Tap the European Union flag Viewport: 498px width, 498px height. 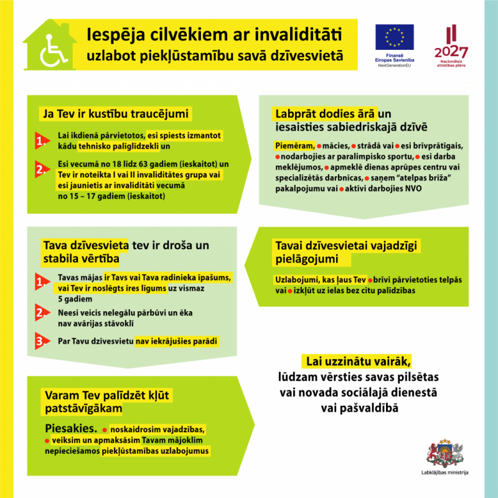(395, 38)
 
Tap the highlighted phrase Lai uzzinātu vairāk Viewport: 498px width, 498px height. (357, 362)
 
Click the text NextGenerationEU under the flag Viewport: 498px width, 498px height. (395, 64)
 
